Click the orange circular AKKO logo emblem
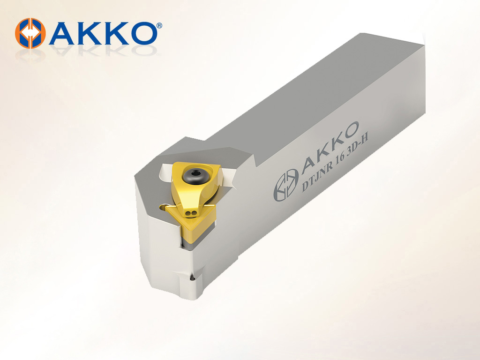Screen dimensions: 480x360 tap(30, 33)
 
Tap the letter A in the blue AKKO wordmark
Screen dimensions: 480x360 tap(63, 33)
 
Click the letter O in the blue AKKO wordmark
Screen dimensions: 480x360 tap(142, 33)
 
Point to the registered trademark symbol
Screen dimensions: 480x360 tap(159, 26)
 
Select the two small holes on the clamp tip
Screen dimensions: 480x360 tap(191, 213)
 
